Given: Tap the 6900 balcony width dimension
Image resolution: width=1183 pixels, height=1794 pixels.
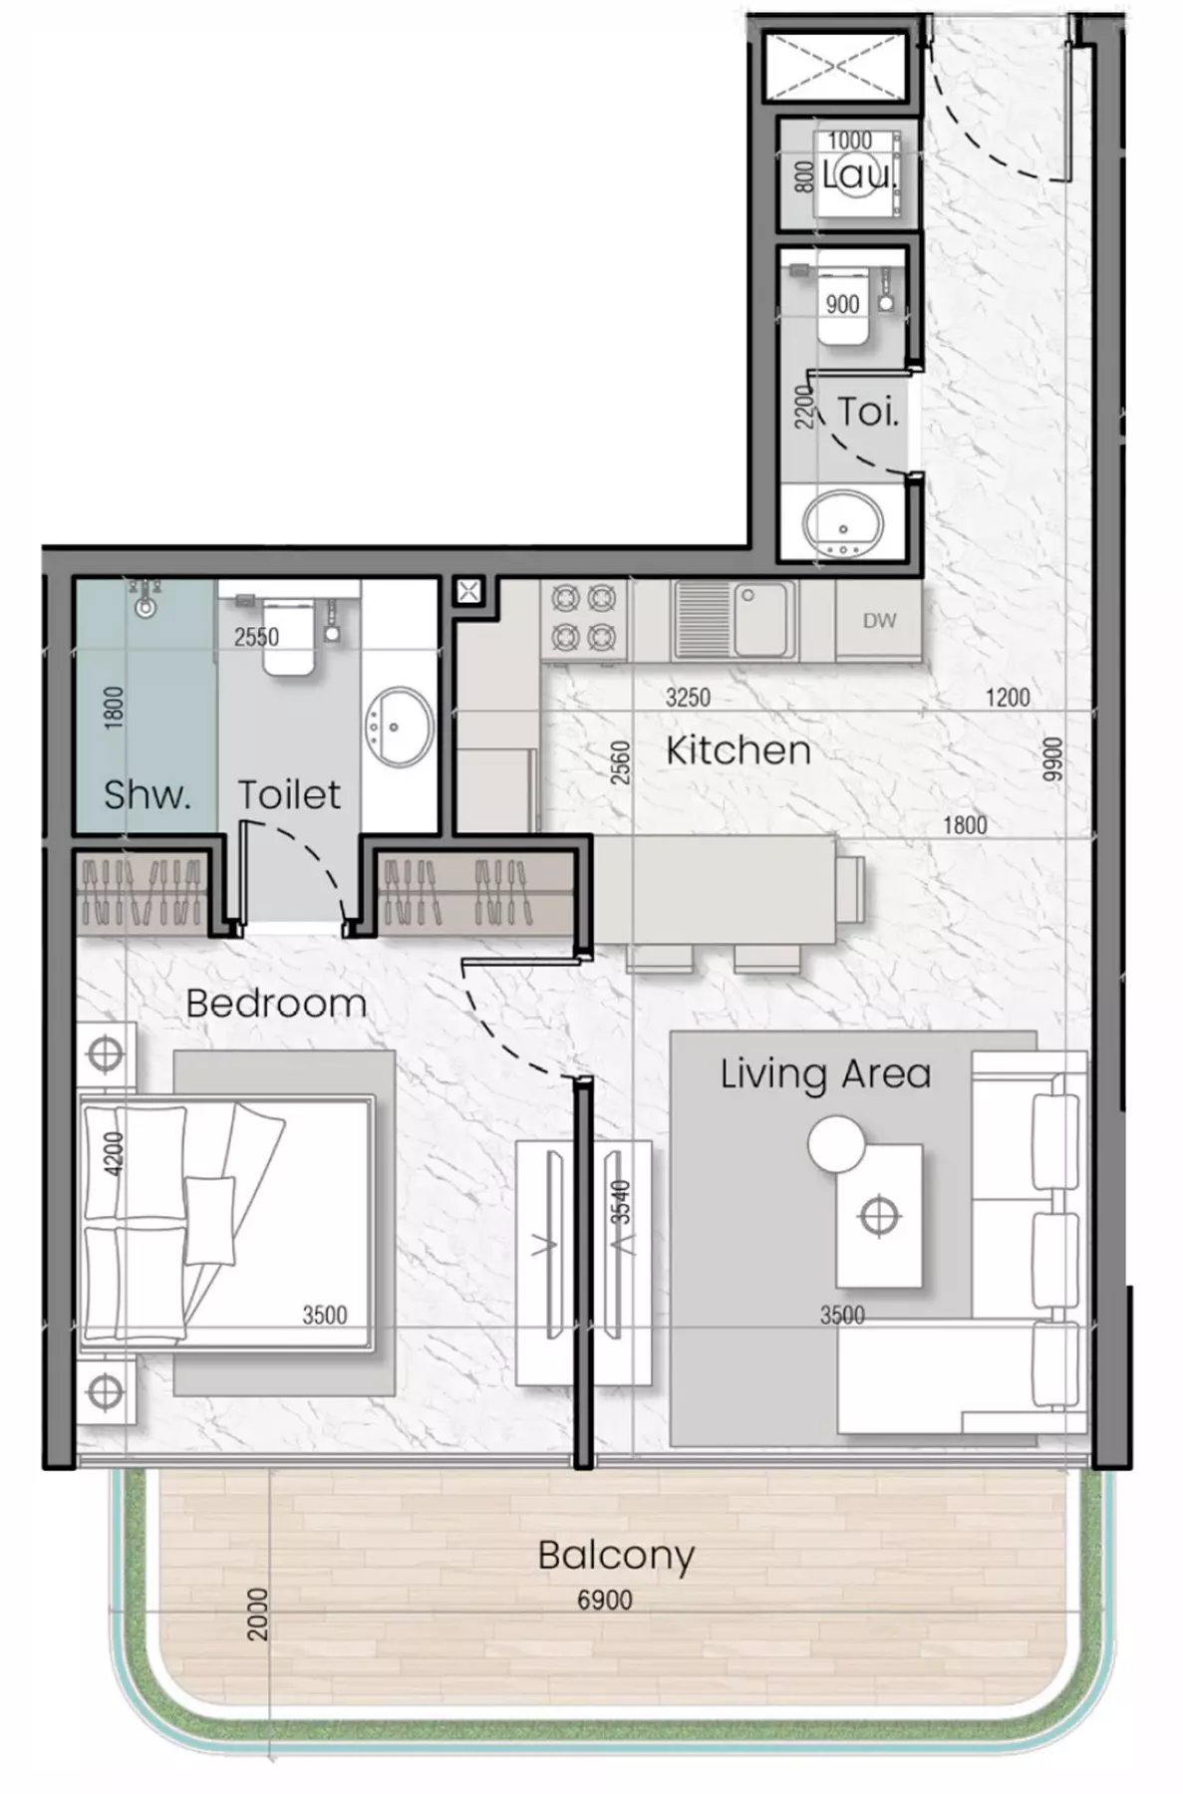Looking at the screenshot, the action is coord(604,1601).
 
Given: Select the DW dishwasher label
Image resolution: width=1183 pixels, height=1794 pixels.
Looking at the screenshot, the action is coord(879,621).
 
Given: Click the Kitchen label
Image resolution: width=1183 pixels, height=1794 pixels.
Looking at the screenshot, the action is coord(738,750).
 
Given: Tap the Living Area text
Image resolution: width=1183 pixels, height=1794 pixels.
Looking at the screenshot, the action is coord(825,1073).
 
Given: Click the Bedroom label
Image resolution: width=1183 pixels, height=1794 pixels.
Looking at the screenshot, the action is coord(276,1004).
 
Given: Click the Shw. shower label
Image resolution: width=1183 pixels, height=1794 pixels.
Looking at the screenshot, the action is coord(146,794).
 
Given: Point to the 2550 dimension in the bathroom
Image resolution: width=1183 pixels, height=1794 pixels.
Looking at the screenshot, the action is coord(256,637).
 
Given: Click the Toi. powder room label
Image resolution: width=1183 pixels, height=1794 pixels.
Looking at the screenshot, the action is coord(868,411).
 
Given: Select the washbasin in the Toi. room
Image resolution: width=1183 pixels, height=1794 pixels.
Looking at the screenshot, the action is coord(842,524).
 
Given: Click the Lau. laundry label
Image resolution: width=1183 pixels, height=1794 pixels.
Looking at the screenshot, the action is coord(859,176).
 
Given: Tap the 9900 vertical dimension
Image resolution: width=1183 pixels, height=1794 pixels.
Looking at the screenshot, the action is coord(1053,760).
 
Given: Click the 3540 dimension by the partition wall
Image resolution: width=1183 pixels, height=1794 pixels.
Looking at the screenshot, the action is coord(620,1201).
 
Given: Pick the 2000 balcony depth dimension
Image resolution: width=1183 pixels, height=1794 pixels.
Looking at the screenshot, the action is coord(257,1615).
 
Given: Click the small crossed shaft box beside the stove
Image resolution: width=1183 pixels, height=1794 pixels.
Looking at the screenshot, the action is coord(468,592).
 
